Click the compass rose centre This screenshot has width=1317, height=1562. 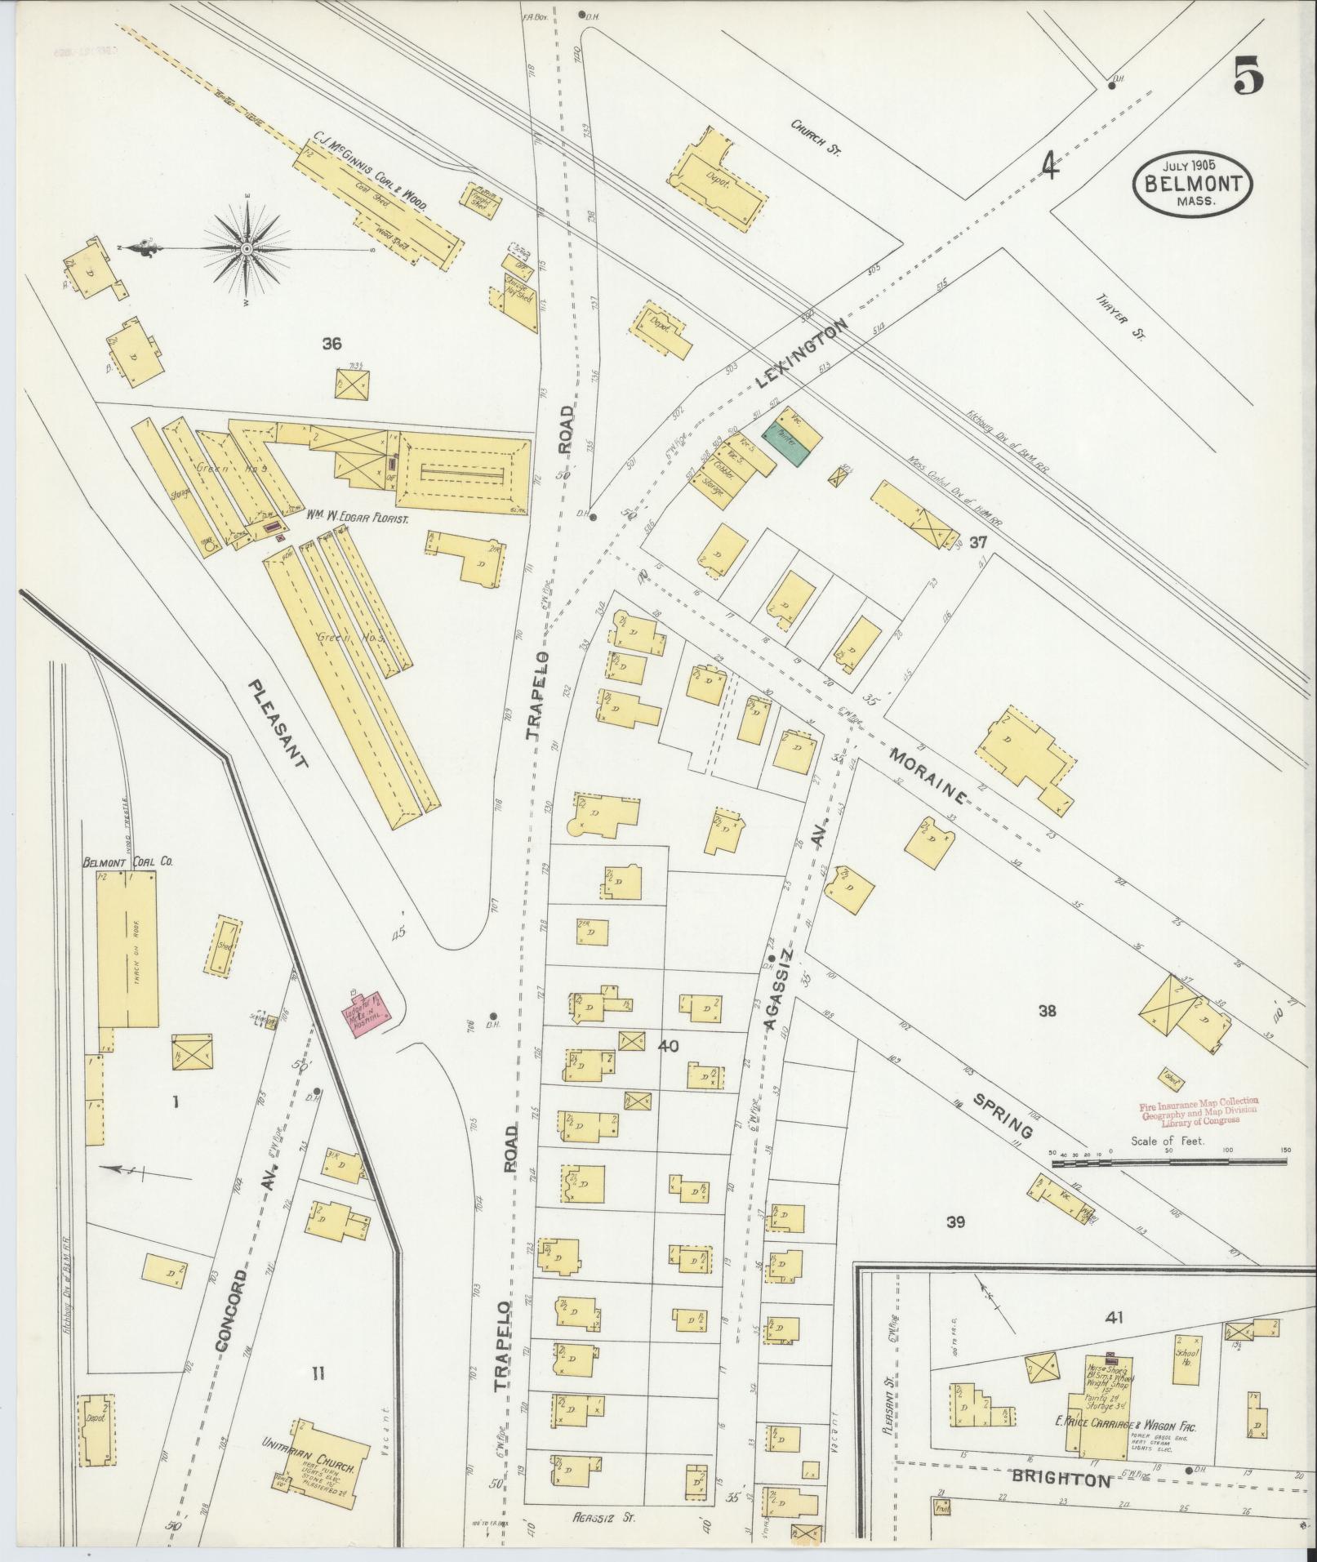coord(246,247)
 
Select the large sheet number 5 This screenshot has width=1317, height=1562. coord(1248,78)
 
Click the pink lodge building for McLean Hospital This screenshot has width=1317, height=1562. coord(367,1014)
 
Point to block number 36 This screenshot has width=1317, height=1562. coord(331,344)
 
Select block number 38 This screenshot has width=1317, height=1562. coord(1047,1011)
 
